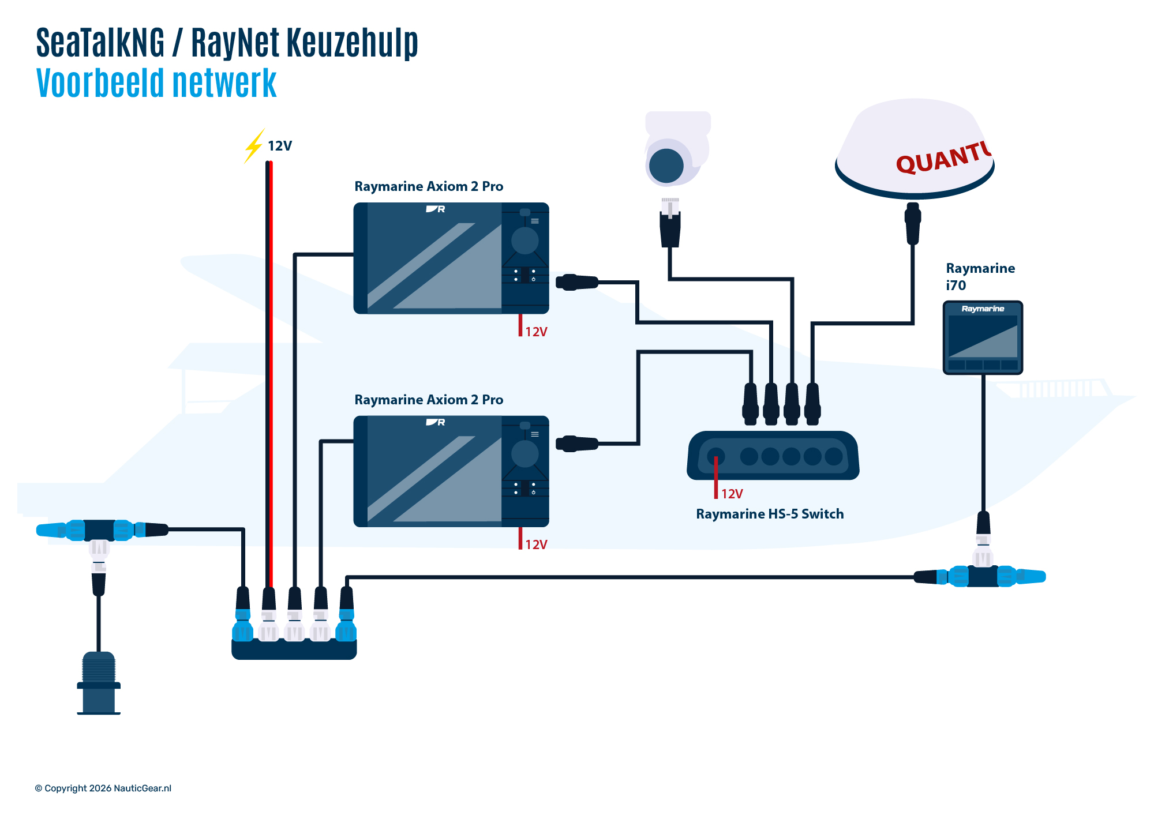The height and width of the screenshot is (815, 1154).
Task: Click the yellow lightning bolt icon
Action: [x=254, y=145]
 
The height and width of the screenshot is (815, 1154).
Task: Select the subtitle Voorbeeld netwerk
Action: [x=156, y=83]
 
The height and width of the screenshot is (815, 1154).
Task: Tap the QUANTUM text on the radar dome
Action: [x=943, y=157]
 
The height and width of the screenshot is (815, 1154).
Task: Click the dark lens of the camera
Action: [x=666, y=166]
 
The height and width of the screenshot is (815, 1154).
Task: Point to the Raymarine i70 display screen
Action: [x=983, y=336]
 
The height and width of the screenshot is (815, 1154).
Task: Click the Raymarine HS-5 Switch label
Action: [x=770, y=514]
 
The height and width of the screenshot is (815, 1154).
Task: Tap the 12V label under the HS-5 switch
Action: [x=732, y=494]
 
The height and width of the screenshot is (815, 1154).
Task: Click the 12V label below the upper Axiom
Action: [x=536, y=332]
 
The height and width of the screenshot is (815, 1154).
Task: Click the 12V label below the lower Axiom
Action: [x=536, y=544]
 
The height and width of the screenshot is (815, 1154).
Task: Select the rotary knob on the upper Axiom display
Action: [x=524, y=241]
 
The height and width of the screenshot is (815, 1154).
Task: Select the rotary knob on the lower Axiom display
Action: [x=524, y=454]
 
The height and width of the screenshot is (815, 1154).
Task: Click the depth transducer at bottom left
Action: [x=99, y=683]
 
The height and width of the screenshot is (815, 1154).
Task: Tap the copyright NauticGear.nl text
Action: [x=103, y=788]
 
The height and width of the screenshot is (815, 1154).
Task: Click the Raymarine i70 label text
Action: [x=980, y=276]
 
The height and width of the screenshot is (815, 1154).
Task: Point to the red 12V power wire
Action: [x=271, y=369]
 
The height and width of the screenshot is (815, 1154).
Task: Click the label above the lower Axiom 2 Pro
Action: [x=428, y=400]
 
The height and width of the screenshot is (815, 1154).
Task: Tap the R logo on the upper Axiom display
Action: [x=436, y=209]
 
